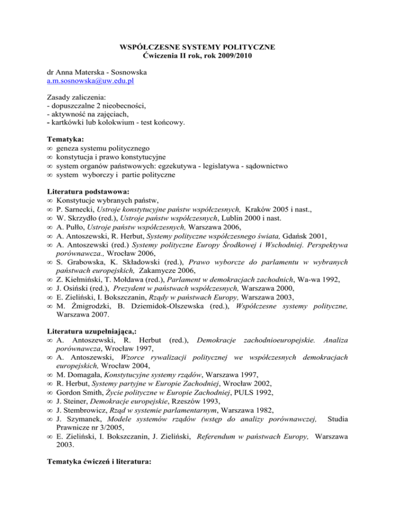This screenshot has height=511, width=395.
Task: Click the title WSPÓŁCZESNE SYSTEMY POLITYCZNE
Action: [x=197, y=47]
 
